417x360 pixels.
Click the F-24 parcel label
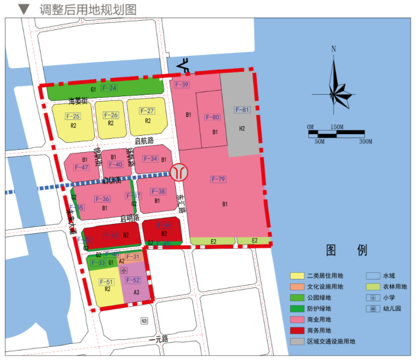tap(109, 88)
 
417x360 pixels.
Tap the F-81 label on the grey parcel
tap(242, 110)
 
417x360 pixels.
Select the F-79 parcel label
tap(218, 179)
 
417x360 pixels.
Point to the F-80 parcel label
tap(213, 117)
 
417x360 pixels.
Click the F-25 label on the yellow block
tap(73, 116)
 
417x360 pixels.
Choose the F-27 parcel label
tap(147, 111)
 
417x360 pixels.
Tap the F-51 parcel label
tap(106, 282)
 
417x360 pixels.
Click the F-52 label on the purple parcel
tap(133, 281)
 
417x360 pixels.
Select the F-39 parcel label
tap(181, 85)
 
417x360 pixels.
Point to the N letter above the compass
tap(333, 49)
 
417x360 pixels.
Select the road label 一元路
tap(159, 339)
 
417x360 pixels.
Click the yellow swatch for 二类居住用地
tap(297, 275)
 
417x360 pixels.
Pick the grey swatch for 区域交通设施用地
tap(297, 341)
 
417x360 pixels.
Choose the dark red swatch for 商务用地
tap(297, 330)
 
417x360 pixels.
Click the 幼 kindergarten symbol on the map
tap(144, 321)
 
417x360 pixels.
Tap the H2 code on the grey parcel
tap(242, 129)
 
